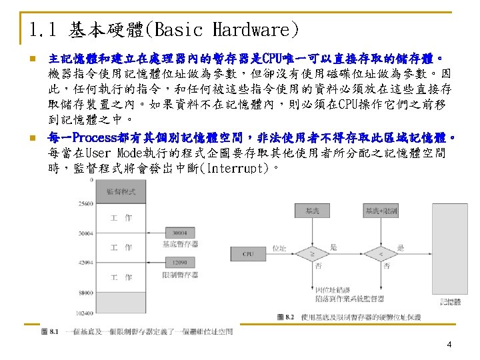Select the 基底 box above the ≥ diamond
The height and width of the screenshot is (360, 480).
point(313,211)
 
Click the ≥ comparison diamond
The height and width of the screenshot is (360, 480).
point(313,254)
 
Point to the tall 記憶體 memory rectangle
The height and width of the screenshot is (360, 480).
point(450,254)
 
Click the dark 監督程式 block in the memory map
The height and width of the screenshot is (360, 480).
point(121,191)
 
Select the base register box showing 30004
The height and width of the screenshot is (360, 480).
point(179,233)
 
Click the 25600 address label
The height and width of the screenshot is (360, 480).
point(86,203)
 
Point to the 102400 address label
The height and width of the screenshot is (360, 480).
point(85,312)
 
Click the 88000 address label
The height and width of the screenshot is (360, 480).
point(86,292)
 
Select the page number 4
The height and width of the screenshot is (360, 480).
point(449,345)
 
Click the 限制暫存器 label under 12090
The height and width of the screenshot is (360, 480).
point(180,274)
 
